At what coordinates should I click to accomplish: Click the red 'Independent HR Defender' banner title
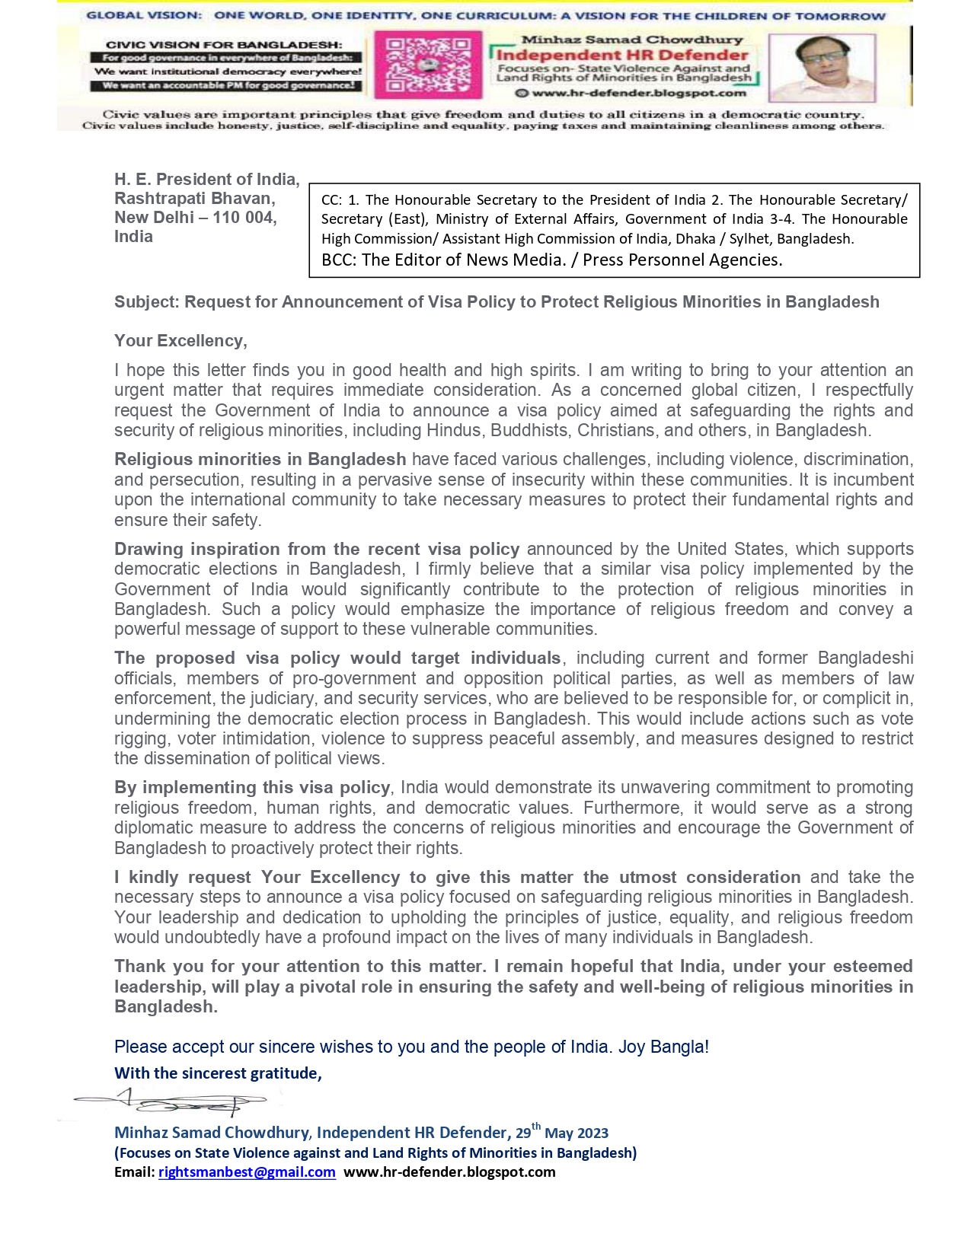622,55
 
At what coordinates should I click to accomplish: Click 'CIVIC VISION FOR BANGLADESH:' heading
224,45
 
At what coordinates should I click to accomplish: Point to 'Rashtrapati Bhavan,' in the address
195,199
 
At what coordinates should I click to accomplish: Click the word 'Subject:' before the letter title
147,302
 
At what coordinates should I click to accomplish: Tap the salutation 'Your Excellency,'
180,341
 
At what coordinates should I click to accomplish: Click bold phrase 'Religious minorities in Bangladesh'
260,460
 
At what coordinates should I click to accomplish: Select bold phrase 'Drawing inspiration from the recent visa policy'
317,550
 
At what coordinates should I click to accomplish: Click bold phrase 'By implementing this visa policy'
252,788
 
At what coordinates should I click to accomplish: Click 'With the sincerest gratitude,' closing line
218,1073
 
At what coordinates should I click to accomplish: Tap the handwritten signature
175,1101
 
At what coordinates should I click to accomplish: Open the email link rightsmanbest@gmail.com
247,1172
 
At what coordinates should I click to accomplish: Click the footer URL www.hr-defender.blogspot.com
449,1172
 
